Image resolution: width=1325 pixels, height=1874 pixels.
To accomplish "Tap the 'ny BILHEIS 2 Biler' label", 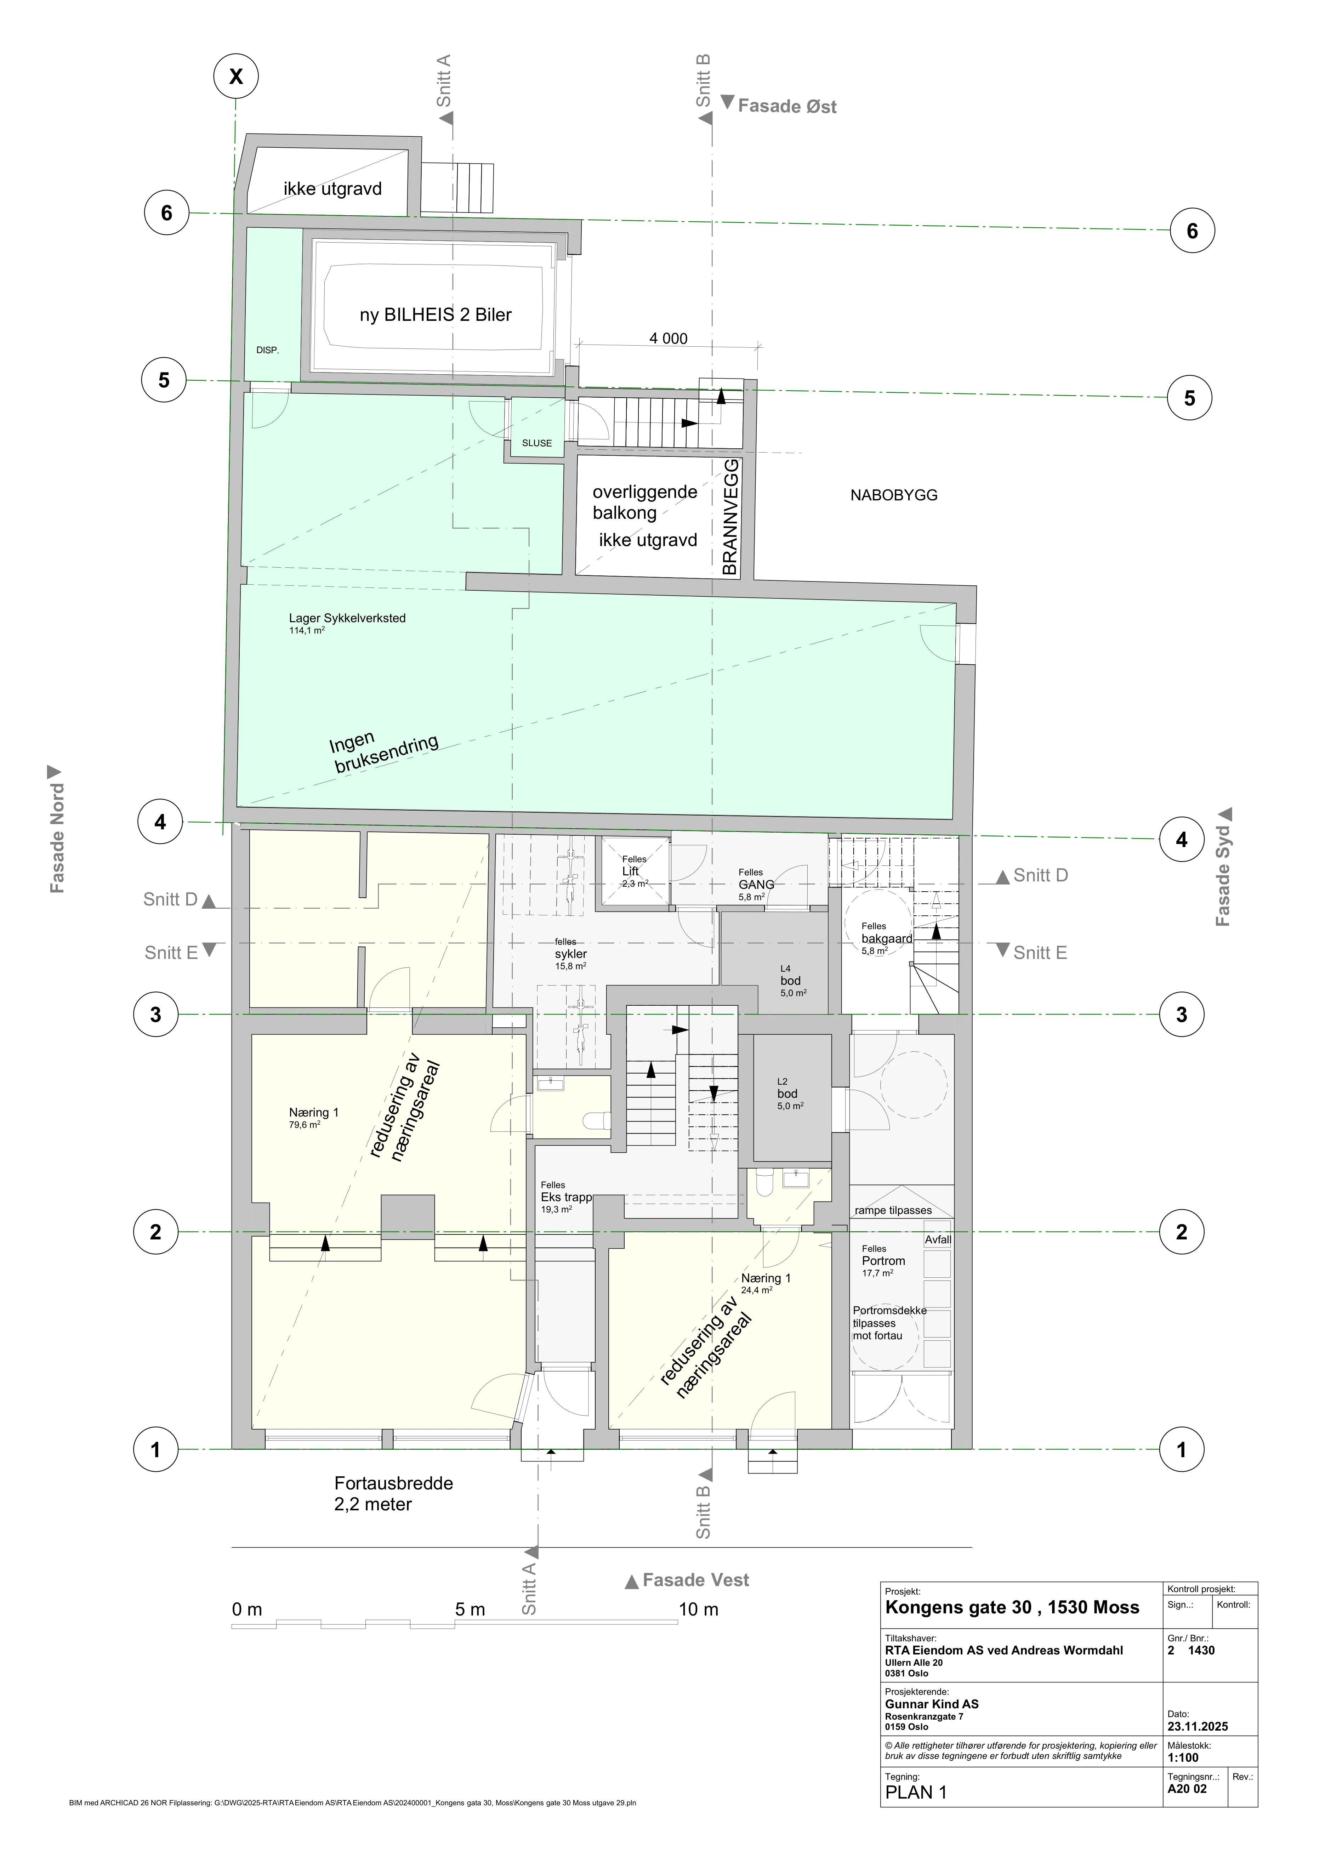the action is pos(436,315).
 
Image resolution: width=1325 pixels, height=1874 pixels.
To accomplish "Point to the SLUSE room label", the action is pos(537,443).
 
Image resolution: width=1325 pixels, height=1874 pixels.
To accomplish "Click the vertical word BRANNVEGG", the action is pos(730,517).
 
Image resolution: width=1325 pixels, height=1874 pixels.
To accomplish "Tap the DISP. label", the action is pos(268,350).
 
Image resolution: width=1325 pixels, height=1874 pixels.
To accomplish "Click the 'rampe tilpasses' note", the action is pos(893,1210).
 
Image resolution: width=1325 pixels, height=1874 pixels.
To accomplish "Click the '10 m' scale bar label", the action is pos(698,1609).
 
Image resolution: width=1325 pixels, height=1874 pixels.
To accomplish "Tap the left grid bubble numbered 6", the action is pos(166,213).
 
